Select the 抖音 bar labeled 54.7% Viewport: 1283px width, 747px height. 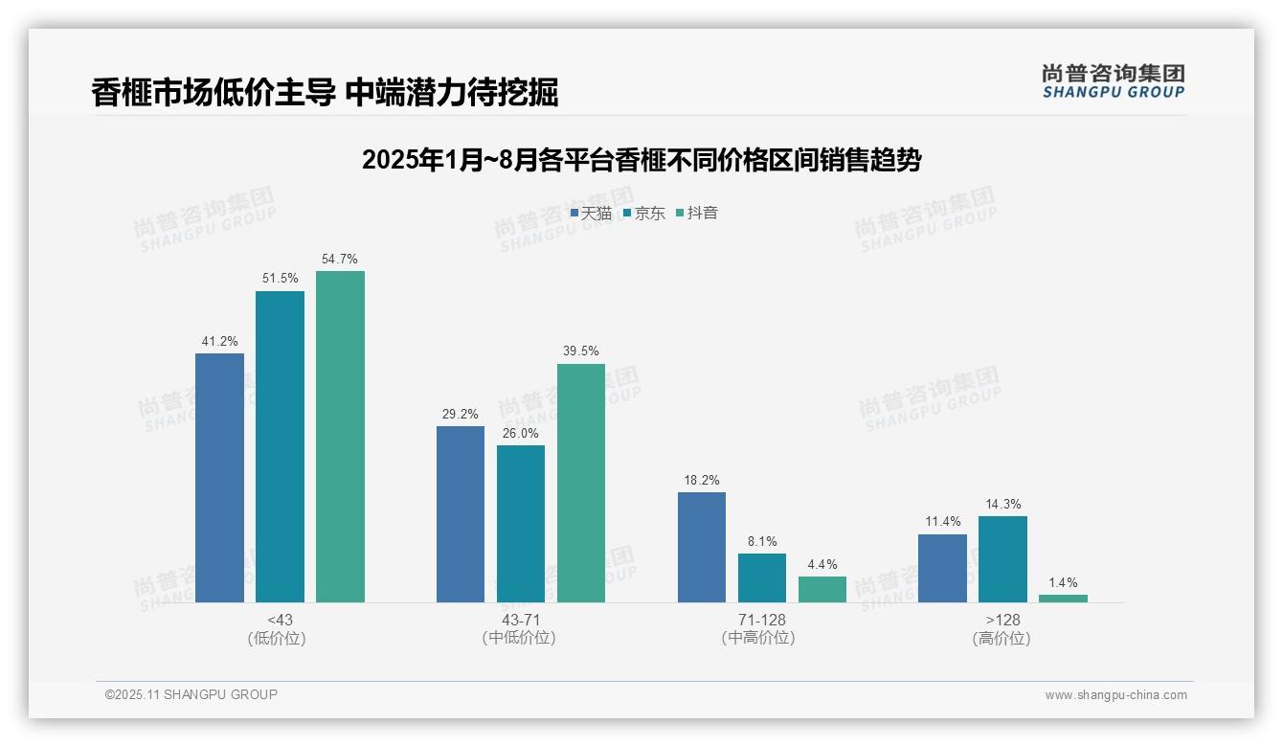point(340,436)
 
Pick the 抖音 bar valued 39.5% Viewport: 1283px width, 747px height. point(581,483)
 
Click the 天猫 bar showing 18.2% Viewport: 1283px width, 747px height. point(702,547)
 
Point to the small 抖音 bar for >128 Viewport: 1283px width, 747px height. point(1063,599)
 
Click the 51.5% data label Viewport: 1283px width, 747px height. point(280,279)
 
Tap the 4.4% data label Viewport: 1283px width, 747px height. point(822,564)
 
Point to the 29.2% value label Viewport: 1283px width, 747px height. point(461,414)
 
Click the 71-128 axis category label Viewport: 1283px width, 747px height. point(761,620)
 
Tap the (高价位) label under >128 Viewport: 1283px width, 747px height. point(1002,639)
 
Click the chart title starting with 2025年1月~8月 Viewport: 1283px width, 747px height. point(641,160)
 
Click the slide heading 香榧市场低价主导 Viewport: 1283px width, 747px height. point(325,92)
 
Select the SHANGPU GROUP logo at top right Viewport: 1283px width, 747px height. point(1113,80)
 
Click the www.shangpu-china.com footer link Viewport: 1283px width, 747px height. point(1115,695)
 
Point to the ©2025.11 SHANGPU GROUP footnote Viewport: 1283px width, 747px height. point(191,694)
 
